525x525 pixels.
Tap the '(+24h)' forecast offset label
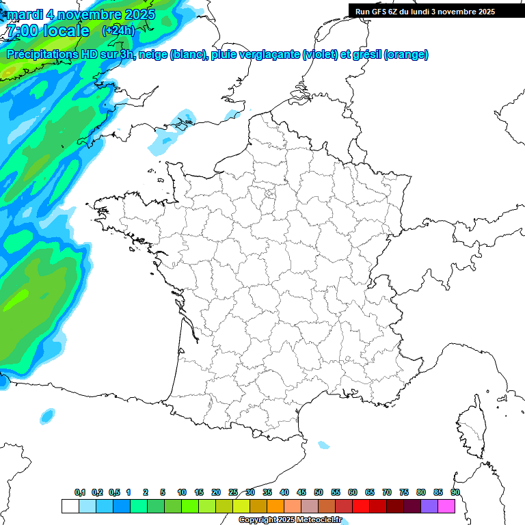tap(119, 30)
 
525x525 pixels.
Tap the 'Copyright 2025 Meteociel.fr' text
tap(290, 520)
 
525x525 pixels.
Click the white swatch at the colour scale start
tap(70, 506)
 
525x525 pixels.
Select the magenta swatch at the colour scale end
tap(447, 506)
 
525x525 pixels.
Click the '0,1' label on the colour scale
tap(80, 493)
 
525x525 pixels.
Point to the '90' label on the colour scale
tap(455, 493)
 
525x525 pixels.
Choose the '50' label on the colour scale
tap(319, 493)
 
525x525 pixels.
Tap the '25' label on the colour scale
tap(233, 493)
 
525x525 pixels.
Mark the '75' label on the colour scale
tap(404, 493)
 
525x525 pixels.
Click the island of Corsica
tap(471, 427)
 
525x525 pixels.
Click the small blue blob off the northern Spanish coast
tap(47, 415)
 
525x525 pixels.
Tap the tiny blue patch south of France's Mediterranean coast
tap(323, 445)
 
